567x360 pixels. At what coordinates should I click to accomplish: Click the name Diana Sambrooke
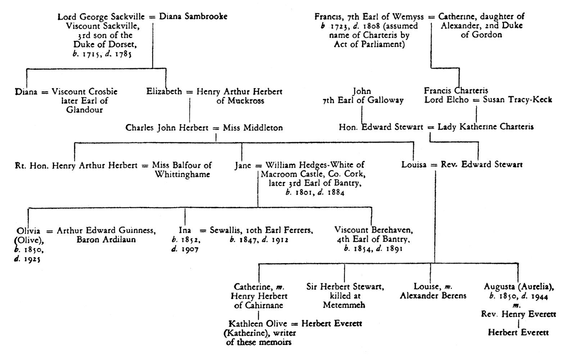(x=193, y=17)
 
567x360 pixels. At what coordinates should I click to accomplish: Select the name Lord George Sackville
(x=101, y=17)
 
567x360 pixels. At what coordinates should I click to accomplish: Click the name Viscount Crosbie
(x=85, y=91)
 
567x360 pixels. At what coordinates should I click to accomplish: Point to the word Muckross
(x=240, y=101)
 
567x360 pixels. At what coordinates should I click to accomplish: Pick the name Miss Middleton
(x=253, y=127)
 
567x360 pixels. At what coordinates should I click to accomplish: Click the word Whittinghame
(x=183, y=175)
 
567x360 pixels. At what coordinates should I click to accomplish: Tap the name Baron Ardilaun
(x=106, y=239)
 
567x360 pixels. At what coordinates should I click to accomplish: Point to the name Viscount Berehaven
(x=373, y=230)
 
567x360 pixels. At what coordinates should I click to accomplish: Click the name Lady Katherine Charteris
(x=486, y=127)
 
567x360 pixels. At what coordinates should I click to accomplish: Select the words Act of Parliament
(x=369, y=45)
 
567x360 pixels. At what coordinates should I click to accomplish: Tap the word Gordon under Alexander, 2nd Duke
(x=481, y=35)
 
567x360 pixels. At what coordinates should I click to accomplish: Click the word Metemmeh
(x=344, y=305)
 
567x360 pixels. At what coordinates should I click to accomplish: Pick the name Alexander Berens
(x=433, y=296)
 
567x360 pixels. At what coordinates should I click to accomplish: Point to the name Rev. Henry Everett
(x=518, y=314)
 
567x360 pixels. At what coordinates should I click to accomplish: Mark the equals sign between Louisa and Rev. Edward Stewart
(x=434, y=165)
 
